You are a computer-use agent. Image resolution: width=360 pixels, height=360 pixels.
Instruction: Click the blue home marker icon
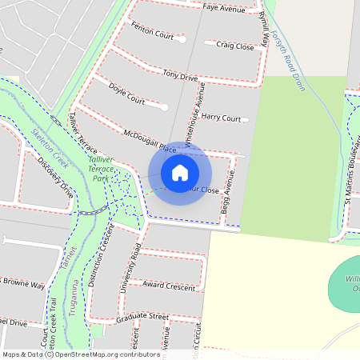click(x=180, y=172)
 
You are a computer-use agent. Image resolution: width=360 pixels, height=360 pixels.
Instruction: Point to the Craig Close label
click(x=234, y=46)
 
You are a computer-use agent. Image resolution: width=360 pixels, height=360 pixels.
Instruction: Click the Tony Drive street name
click(x=180, y=76)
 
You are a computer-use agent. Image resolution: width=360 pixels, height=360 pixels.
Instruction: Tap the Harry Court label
click(x=221, y=118)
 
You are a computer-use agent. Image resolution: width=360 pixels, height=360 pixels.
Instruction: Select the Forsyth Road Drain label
click(x=288, y=60)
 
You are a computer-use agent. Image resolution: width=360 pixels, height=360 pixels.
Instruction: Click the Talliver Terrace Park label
click(x=102, y=169)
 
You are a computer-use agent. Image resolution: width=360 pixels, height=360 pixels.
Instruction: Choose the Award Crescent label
click(x=169, y=286)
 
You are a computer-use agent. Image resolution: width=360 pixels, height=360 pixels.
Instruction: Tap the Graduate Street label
click(x=141, y=317)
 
